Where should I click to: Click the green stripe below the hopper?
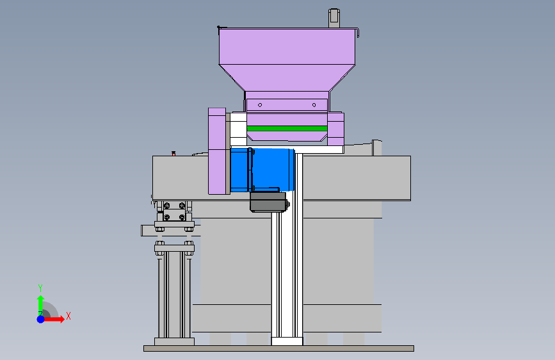pyautogui.click(x=287, y=128)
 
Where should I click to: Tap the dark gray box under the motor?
pyautogui.click(x=269, y=202)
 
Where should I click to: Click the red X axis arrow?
pyautogui.click(x=54, y=319)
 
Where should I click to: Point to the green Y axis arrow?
pyautogui.click(x=40, y=305)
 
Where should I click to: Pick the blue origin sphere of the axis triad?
pyautogui.click(x=41, y=319)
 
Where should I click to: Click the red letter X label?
pyautogui.click(x=68, y=316)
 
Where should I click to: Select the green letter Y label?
pyautogui.click(x=40, y=288)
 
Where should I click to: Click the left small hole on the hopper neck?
pyautogui.click(x=260, y=105)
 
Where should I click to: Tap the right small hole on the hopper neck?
pyautogui.click(x=314, y=105)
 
